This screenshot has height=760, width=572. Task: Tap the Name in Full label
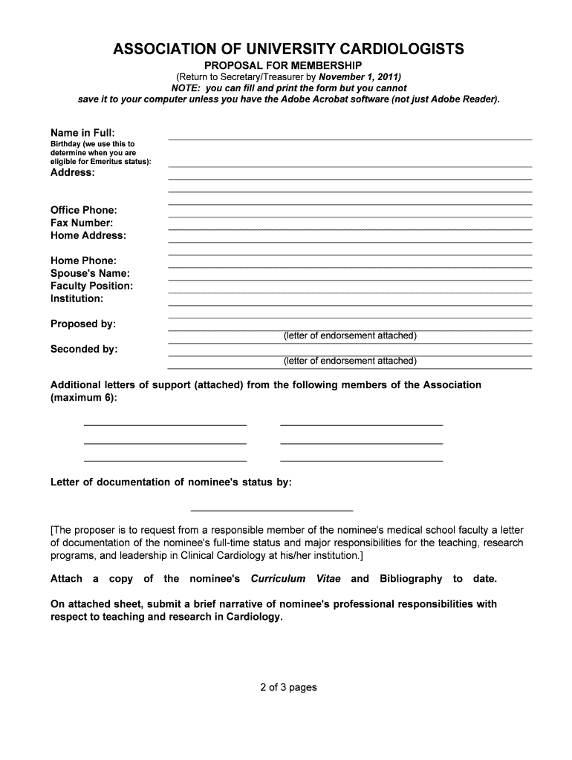[x=82, y=132]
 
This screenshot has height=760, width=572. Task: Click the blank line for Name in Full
[x=350, y=138]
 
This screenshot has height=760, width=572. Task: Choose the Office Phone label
[x=84, y=211]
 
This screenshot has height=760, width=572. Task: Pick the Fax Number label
[x=82, y=223]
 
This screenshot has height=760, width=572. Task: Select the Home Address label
[x=88, y=236]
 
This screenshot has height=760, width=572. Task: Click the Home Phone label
[x=83, y=261]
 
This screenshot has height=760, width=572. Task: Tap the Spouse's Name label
[x=90, y=274]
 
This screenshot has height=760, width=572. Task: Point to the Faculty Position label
[x=91, y=286]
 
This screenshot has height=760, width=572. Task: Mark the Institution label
[x=77, y=299]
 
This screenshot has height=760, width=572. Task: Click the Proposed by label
[x=83, y=324]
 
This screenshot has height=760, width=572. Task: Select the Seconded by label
[x=84, y=350]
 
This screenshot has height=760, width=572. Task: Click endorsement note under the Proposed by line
[x=350, y=336]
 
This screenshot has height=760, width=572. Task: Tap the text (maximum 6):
[x=83, y=398]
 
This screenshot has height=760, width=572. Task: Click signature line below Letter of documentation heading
[x=272, y=510]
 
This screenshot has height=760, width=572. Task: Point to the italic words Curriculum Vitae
[x=296, y=579]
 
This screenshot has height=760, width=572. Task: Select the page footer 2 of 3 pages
[x=288, y=687]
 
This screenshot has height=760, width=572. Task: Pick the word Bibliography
[x=411, y=579]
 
